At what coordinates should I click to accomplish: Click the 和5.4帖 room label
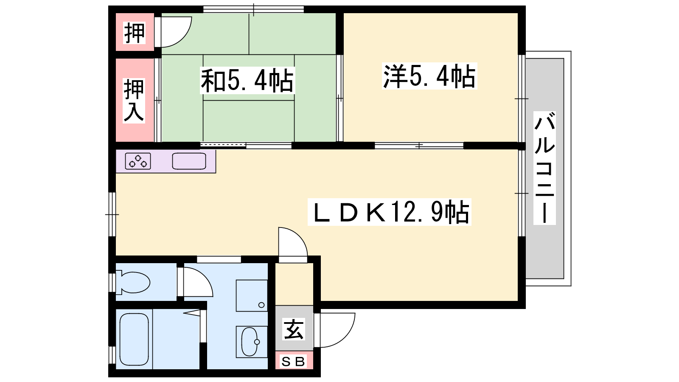click(247, 80)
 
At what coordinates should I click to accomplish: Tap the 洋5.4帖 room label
click(429, 76)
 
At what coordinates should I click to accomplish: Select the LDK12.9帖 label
click(389, 212)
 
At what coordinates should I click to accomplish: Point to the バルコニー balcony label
click(544, 168)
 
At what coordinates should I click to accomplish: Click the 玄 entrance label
click(294, 329)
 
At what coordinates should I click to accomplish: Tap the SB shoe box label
click(293, 361)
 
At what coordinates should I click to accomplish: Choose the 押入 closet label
click(134, 101)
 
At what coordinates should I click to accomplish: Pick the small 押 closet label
click(134, 33)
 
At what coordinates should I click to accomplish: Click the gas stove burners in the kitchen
click(138, 161)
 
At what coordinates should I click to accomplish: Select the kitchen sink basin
click(189, 161)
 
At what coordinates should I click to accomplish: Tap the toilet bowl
click(133, 282)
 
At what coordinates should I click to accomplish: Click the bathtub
click(134, 339)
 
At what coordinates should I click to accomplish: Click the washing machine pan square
click(252, 295)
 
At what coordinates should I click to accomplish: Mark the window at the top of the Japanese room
click(253, 9)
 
